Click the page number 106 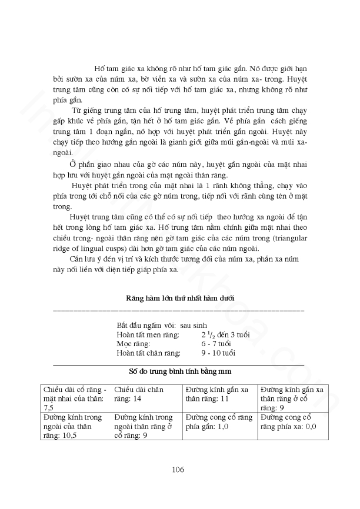pyautogui.click(x=179, y=469)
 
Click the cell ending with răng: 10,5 pyautogui.click(x=74, y=427)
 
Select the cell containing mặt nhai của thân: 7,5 pyautogui.click(x=74, y=398)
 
